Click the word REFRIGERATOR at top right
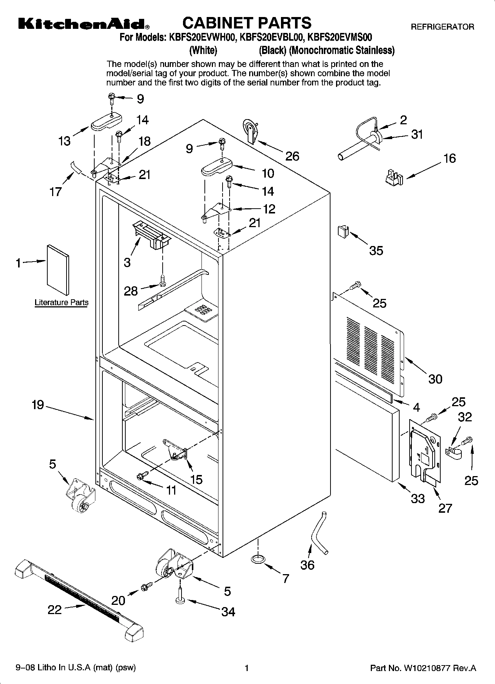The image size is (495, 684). pos(442,27)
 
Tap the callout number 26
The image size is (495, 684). pos(292,156)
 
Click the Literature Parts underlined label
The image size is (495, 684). pos(62,302)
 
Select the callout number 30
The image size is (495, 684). pos(435,379)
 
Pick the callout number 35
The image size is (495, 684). pos(376,250)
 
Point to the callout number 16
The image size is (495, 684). pos(450,158)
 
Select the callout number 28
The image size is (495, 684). pos(131,291)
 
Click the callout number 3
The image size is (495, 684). pos(127,263)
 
